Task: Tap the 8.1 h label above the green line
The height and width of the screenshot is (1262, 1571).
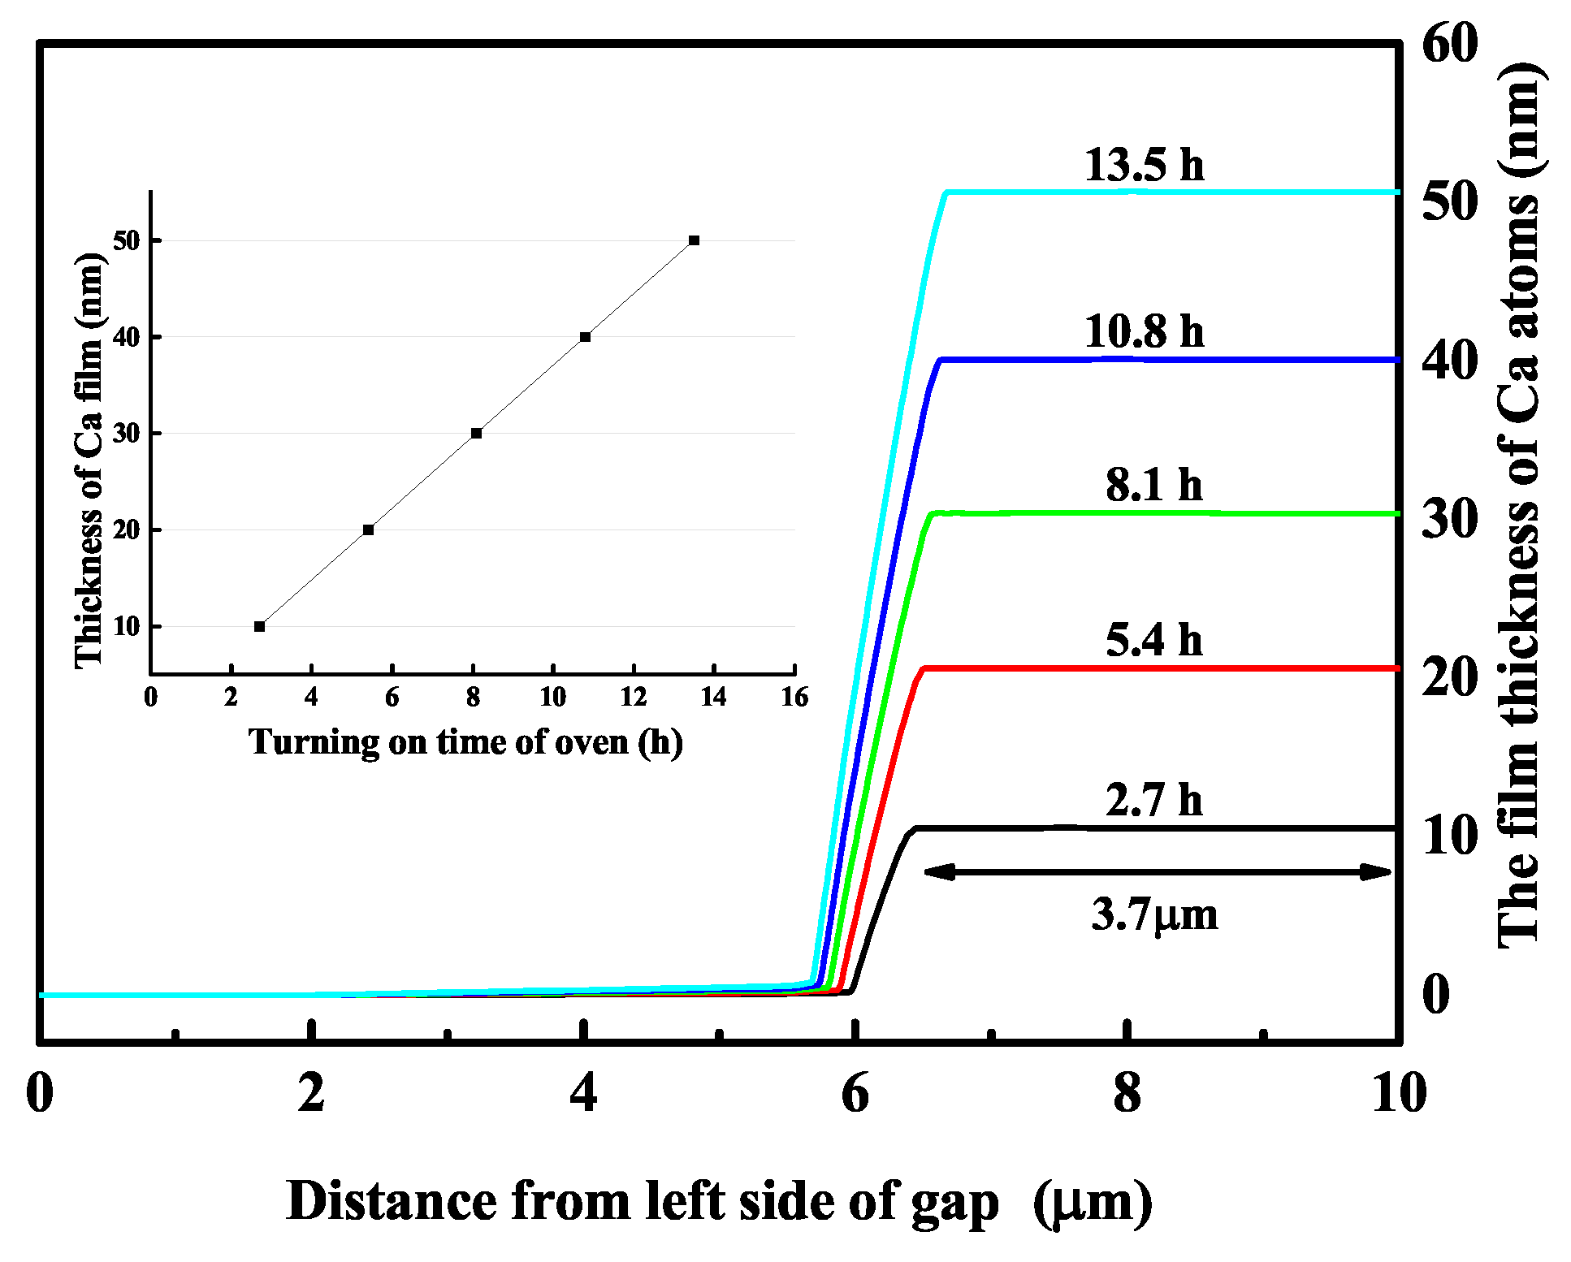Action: pyautogui.click(x=1153, y=485)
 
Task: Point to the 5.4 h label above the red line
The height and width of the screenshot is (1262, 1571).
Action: pyautogui.click(x=1153, y=640)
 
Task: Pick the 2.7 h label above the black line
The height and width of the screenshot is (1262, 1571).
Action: pyautogui.click(x=1153, y=800)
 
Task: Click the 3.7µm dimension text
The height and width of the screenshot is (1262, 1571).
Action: pyautogui.click(x=1154, y=915)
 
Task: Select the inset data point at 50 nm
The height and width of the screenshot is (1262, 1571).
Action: pyautogui.click(x=694, y=240)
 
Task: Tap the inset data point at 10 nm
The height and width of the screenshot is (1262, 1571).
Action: pyautogui.click(x=259, y=626)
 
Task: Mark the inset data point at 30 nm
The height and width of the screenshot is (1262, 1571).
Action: pyautogui.click(x=477, y=434)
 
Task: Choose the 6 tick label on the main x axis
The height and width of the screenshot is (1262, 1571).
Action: pyautogui.click(x=855, y=1093)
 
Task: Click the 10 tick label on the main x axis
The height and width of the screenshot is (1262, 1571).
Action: pyautogui.click(x=1399, y=1093)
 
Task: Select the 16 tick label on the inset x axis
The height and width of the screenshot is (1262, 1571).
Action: pyautogui.click(x=794, y=697)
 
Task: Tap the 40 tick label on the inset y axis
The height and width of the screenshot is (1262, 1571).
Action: pyautogui.click(x=127, y=337)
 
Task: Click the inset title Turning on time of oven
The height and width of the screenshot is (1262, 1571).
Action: pyautogui.click(x=465, y=741)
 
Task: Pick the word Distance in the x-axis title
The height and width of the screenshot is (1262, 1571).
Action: pyautogui.click(x=392, y=1200)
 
